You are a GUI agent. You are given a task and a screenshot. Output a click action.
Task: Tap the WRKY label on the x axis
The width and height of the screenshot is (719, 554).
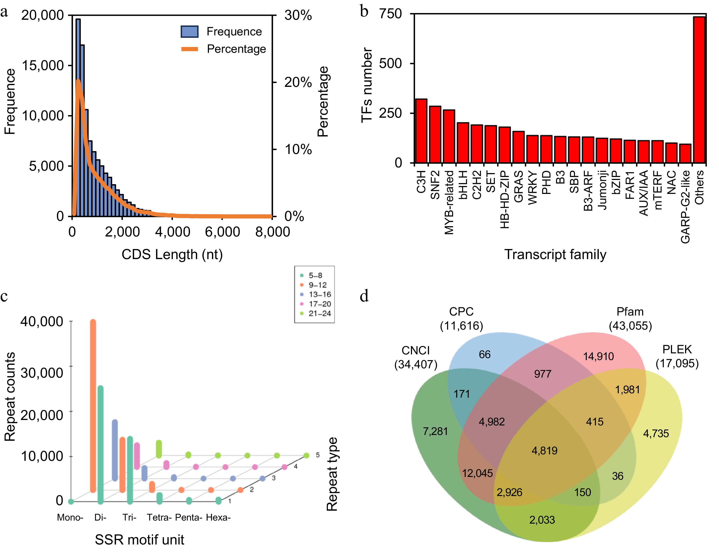532,187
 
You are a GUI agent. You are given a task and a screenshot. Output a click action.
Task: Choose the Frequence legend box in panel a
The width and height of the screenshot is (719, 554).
190,31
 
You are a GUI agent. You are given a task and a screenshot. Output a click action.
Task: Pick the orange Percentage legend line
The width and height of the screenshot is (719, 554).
190,49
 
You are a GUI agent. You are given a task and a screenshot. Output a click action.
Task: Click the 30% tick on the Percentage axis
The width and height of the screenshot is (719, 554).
298,15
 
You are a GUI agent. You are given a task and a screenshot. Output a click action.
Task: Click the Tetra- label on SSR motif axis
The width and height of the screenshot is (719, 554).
159,518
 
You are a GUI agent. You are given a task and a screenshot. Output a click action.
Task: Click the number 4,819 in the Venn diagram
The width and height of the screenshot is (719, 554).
544,450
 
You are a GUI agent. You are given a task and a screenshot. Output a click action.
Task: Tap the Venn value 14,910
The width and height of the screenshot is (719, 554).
598,356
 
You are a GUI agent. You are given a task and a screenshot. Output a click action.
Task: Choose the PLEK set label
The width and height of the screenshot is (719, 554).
677,349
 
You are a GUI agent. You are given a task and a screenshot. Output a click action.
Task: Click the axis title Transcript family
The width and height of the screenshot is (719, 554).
555,255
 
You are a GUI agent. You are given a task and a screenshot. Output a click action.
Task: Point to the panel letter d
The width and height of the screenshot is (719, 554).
364,296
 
